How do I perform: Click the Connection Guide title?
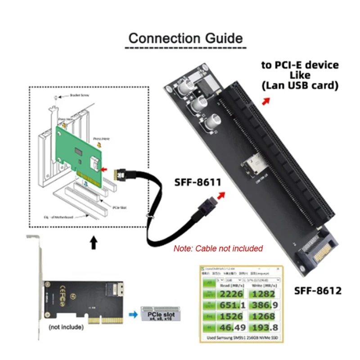click(185, 38)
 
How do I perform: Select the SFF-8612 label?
click(318, 290)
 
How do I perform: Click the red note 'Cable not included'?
click(218, 248)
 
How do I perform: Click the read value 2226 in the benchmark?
click(230, 294)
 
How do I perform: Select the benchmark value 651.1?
click(230, 305)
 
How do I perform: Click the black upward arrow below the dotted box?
click(94, 243)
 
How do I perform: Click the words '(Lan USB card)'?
click(299, 85)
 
